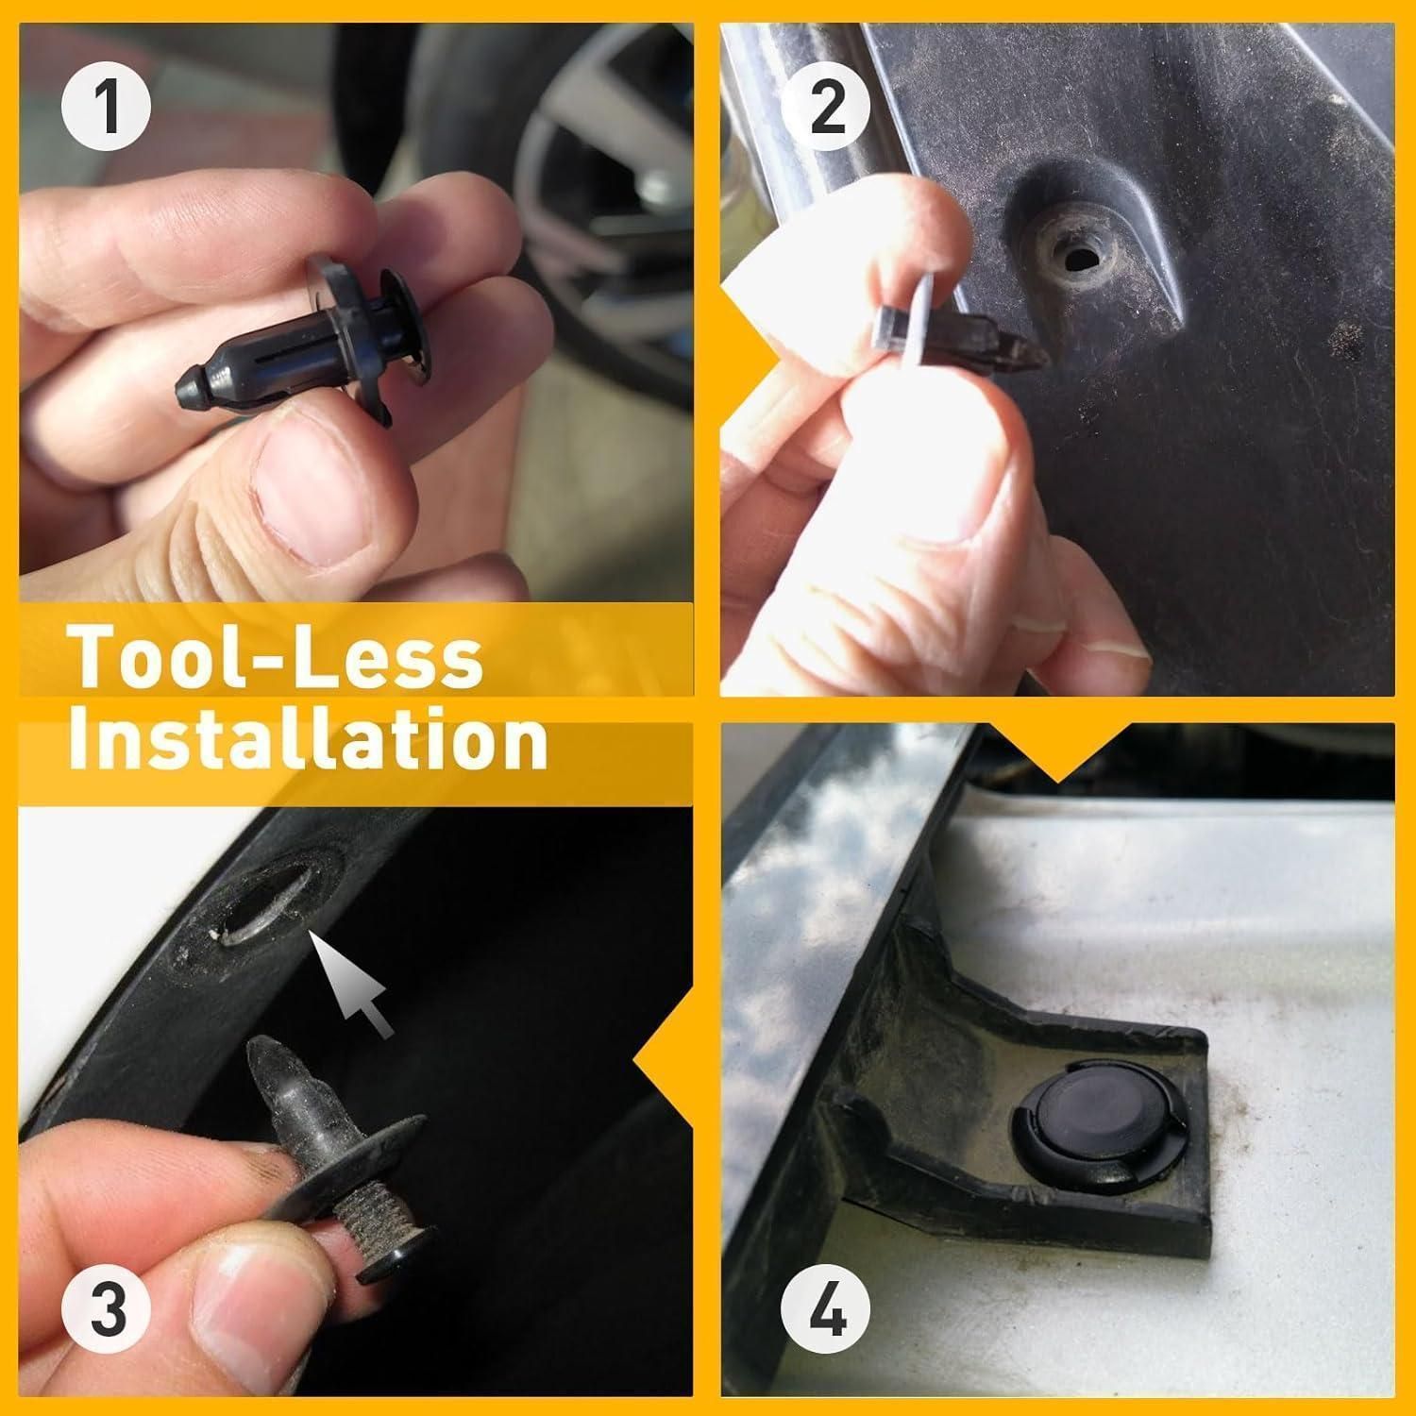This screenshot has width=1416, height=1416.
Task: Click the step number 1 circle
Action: pyautogui.click(x=107, y=107)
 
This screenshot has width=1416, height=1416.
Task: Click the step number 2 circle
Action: pyautogui.click(x=827, y=107)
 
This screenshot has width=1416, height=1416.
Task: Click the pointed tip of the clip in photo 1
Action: pyautogui.click(x=189, y=390)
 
